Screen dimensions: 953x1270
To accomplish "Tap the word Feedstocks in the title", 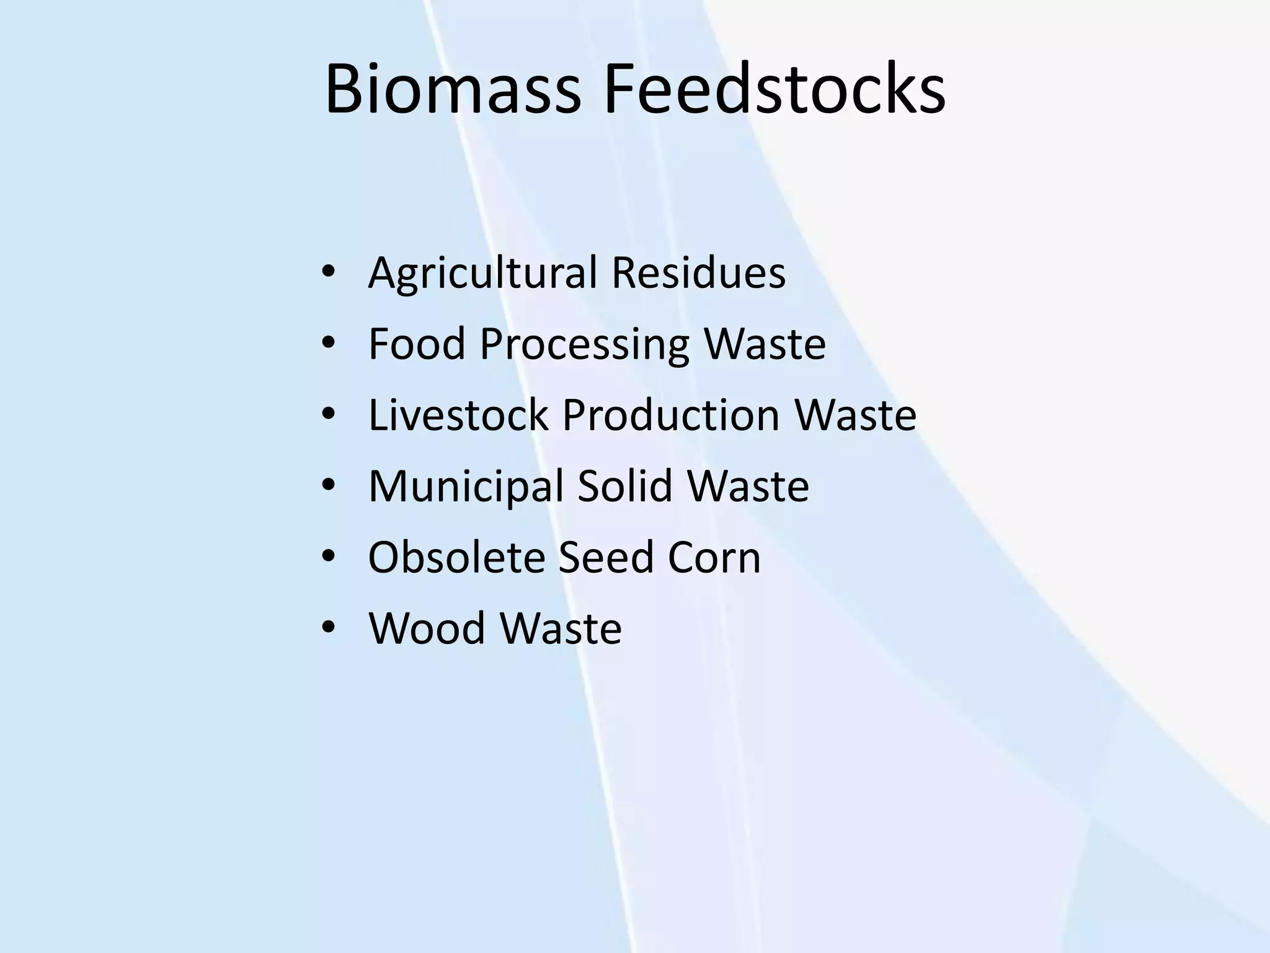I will [x=775, y=89].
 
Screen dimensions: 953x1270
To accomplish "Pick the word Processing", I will [x=584, y=345].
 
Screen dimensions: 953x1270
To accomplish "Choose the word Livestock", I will [x=458, y=414].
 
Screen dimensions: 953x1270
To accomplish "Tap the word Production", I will [x=670, y=414].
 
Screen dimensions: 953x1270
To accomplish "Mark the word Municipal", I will [x=466, y=486].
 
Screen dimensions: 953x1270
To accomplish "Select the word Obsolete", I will [x=456, y=557].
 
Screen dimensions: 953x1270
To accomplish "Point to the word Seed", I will [x=606, y=557].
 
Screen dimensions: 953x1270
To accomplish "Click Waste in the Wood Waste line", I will [x=561, y=628].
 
